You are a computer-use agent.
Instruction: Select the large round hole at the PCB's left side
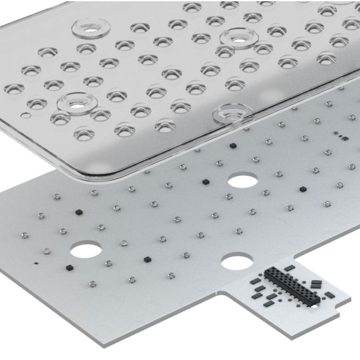coord(85,250)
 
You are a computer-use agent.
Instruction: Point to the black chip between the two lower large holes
coord(147,259)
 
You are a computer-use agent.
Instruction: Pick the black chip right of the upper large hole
coord(302,189)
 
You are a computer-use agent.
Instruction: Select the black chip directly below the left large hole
coord(70,268)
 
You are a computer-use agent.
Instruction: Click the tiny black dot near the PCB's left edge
coord(36,263)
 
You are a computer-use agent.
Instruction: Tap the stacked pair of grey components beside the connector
coord(316,284)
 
